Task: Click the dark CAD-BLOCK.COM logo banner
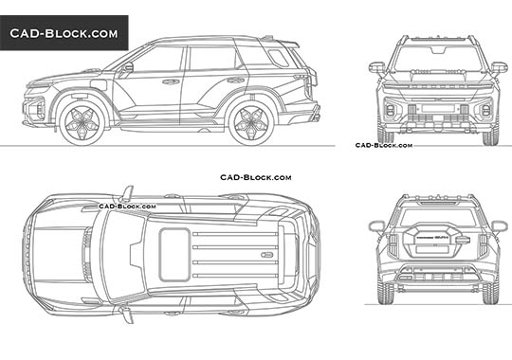tap(64, 34)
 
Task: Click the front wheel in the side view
tap(82, 120)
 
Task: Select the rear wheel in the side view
tap(251, 120)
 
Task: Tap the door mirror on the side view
tap(126, 67)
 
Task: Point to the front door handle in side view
tap(172, 81)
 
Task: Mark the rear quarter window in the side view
tap(277, 56)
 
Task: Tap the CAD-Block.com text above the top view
tap(255, 177)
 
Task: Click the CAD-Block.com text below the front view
tap(384, 146)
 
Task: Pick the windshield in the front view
tap(438, 58)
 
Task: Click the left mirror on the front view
tap(377, 67)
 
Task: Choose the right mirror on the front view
tap(499, 67)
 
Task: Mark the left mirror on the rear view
tap(376, 226)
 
